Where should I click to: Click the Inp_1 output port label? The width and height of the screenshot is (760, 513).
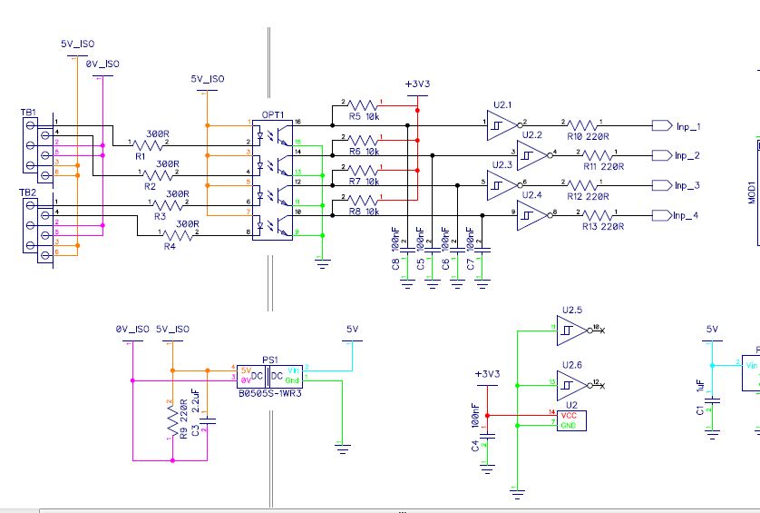(688, 125)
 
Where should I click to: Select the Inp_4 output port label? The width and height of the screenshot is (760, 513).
(688, 215)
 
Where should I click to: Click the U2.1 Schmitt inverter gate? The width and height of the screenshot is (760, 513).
(498, 124)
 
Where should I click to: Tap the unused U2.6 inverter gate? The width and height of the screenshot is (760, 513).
(572, 382)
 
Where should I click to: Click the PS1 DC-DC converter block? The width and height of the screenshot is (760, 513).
(269, 373)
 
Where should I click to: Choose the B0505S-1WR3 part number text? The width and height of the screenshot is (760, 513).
(269, 393)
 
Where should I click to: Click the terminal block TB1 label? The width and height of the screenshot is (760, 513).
(28, 113)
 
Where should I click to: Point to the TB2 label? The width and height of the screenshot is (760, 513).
(28, 193)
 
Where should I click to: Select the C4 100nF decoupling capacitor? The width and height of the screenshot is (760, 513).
(487, 435)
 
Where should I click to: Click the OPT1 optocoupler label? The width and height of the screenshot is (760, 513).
(273, 115)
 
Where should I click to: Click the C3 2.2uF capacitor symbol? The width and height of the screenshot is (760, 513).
(209, 420)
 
